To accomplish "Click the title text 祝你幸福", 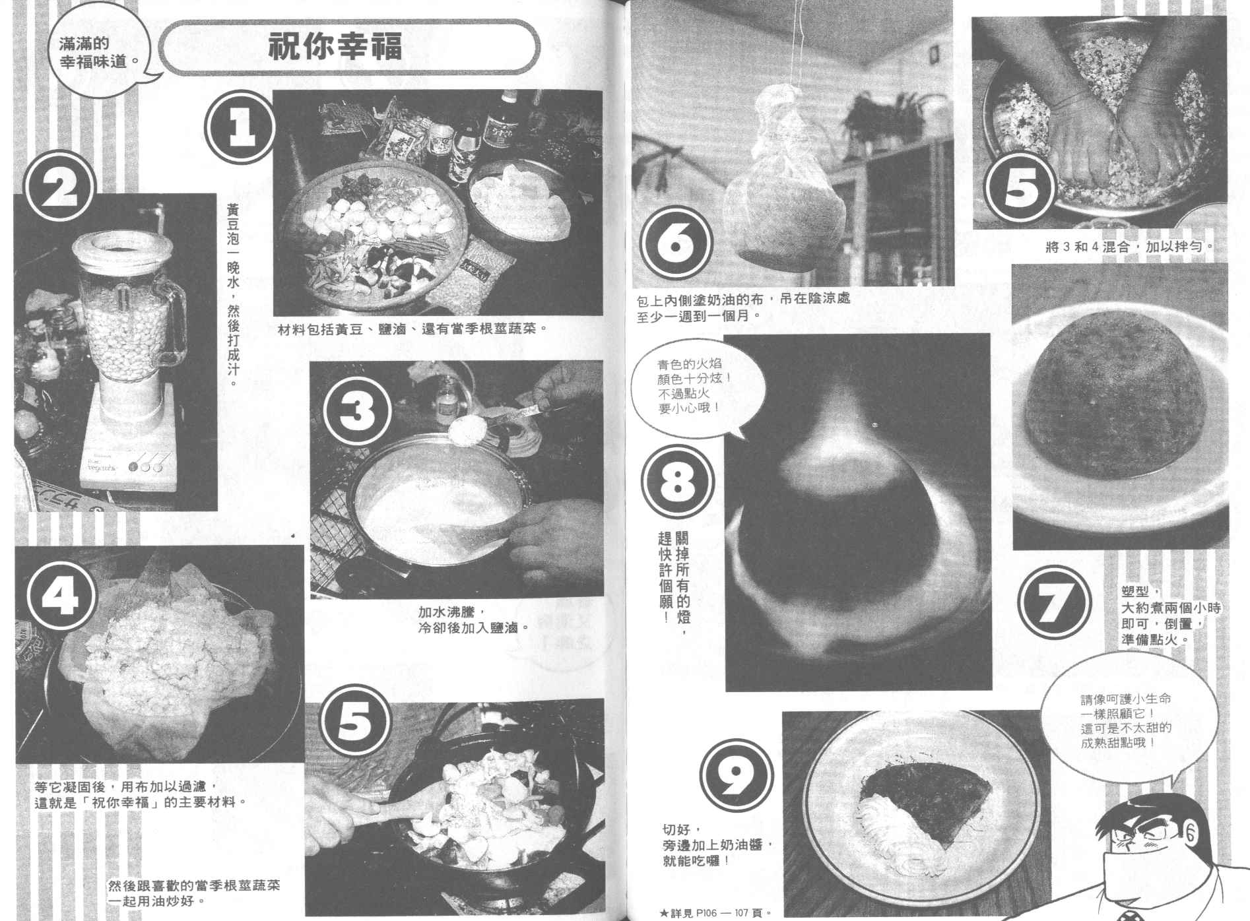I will point(335,48).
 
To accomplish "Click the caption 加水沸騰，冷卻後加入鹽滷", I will point(473,620).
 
